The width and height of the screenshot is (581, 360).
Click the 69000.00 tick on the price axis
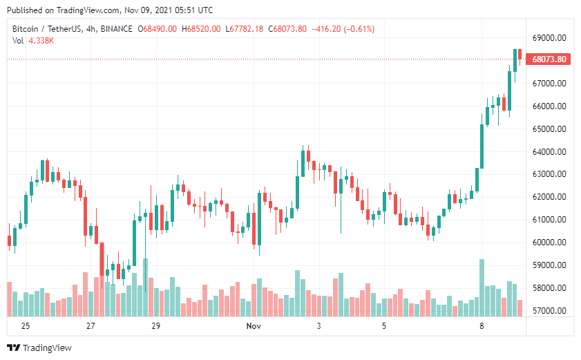click(x=550, y=38)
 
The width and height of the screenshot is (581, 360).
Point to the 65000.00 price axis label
click(x=550, y=129)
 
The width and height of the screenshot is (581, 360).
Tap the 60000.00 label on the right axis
click(x=550, y=243)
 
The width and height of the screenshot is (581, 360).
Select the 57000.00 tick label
click(x=550, y=311)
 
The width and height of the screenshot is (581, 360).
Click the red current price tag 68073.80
click(x=550, y=59)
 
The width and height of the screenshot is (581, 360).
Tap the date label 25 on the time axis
click(x=26, y=325)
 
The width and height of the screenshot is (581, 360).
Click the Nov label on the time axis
click(x=254, y=325)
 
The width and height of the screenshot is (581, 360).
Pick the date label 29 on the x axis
click(x=155, y=325)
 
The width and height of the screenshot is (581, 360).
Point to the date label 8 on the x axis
click(x=482, y=325)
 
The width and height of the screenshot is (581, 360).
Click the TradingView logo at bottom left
click(x=39, y=348)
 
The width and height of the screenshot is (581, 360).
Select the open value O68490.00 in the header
click(x=158, y=28)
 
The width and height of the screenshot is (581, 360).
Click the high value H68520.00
click(x=201, y=28)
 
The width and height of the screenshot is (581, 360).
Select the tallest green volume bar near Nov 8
click(x=482, y=287)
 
